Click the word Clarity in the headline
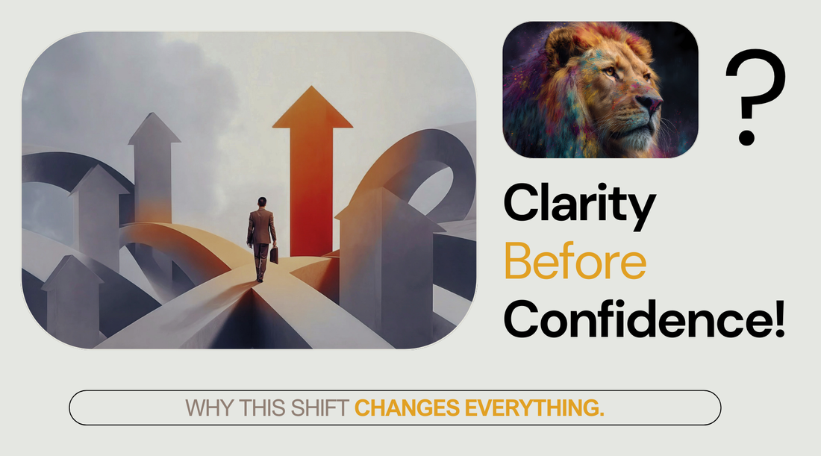[579, 204]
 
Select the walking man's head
[261, 202]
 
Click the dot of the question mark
[746, 138]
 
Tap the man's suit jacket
[261, 225]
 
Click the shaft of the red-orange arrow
[312, 187]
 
